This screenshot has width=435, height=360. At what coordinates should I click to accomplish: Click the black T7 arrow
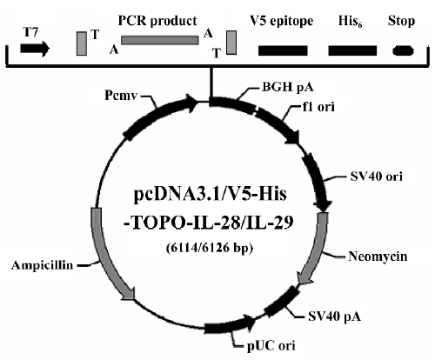pyautogui.click(x=35, y=49)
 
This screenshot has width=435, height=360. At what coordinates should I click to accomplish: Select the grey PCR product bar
pyautogui.click(x=160, y=40)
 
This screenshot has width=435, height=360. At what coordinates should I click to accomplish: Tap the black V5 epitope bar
pyautogui.click(x=283, y=50)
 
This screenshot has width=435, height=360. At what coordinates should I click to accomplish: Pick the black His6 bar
pyautogui.click(x=352, y=50)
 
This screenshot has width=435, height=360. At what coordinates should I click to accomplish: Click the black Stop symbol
pyautogui.click(x=403, y=51)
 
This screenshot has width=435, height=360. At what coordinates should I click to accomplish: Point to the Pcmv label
pyautogui.click(x=120, y=96)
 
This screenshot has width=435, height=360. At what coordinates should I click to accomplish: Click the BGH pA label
pyautogui.click(x=288, y=87)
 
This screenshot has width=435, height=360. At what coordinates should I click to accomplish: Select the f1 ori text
pyautogui.click(x=318, y=107)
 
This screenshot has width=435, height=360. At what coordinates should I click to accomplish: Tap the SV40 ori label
pyautogui.click(x=377, y=177)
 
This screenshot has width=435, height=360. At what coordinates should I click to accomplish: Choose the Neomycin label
pyautogui.click(x=378, y=257)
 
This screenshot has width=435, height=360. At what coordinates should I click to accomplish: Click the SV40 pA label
pyautogui.click(x=335, y=317)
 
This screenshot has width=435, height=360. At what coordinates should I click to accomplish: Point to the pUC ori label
pyautogui.click(x=271, y=345)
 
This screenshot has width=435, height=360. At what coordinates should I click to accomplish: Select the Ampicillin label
pyautogui.click(x=42, y=265)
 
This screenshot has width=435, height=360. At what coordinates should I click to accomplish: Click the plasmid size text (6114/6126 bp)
pyautogui.click(x=210, y=248)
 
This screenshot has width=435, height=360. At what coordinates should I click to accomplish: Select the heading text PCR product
pyautogui.click(x=157, y=21)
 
